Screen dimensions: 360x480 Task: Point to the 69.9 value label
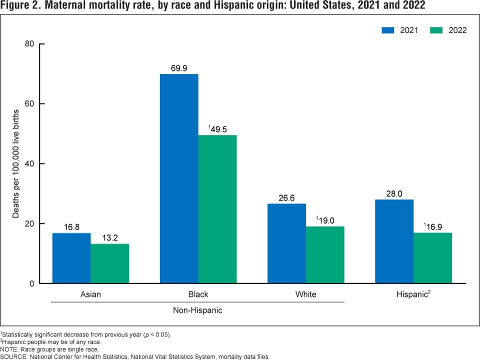point(179,68)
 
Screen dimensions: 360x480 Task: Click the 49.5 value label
point(218,129)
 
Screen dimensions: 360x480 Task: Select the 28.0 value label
point(394,193)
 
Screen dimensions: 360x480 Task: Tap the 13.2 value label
point(110,237)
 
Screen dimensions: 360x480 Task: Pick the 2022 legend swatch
point(436,30)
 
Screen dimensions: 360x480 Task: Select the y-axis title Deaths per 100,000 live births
point(16,163)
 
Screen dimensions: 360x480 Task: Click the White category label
point(305,294)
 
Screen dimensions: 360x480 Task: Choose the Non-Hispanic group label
point(197,310)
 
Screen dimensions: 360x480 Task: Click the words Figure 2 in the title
point(20,6)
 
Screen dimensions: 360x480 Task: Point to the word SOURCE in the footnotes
point(14,356)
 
